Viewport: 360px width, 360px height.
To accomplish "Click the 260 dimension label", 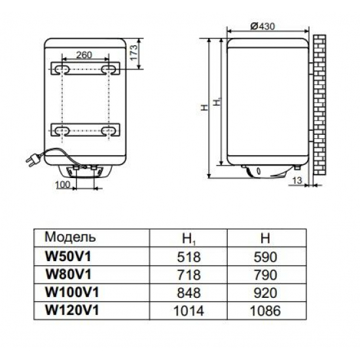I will point(84,55).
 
